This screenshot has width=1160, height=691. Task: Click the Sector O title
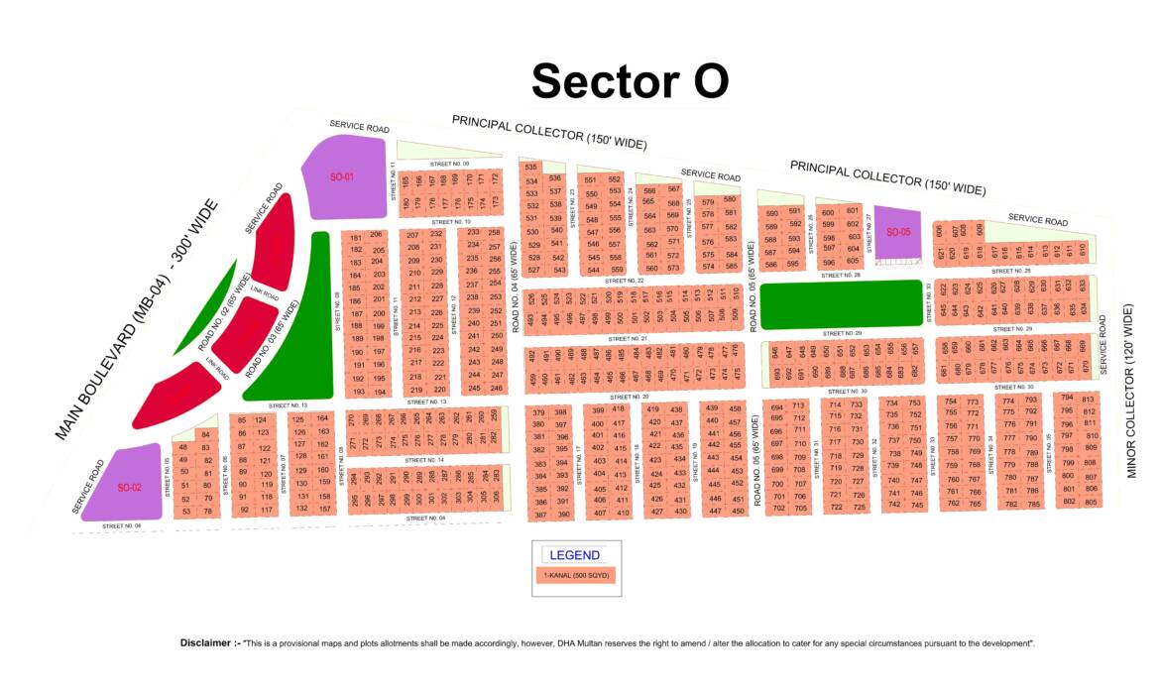(x=631, y=80)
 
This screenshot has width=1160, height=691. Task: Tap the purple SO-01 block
(x=343, y=177)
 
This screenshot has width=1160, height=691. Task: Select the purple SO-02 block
(x=131, y=486)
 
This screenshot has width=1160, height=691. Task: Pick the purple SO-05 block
(x=898, y=233)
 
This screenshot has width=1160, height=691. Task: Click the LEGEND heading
(x=575, y=555)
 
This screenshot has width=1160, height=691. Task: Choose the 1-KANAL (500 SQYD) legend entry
(x=575, y=575)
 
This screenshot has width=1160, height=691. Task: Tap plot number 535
(x=531, y=168)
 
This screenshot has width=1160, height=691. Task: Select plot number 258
(x=495, y=233)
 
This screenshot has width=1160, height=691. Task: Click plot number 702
(x=778, y=508)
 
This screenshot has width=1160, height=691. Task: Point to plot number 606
(x=940, y=231)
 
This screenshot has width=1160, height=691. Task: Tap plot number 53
(x=185, y=512)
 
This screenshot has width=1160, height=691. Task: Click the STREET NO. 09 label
(x=449, y=164)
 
